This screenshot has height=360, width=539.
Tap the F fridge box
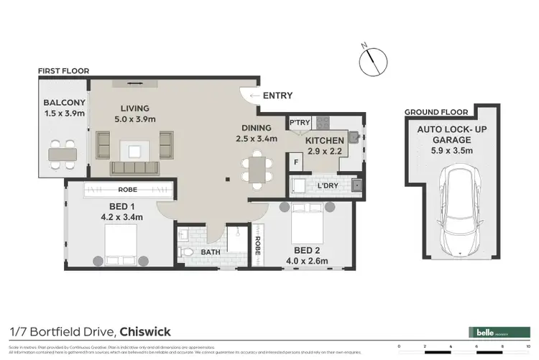pyautogui.click(x=297, y=162)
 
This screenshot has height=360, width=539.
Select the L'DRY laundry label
pyautogui.click(x=327, y=186)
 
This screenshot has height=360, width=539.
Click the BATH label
pyautogui.click(x=210, y=252)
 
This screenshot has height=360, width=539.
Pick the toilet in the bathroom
pyautogui.click(x=185, y=252)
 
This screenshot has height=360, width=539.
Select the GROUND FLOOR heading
pyautogui.click(x=436, y=112)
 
